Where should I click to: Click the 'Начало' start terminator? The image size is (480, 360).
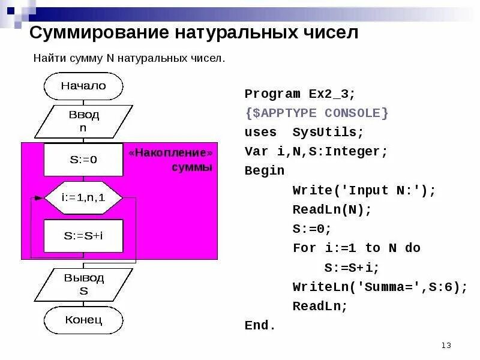click(83, 86)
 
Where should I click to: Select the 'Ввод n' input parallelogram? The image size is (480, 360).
click(83, 121)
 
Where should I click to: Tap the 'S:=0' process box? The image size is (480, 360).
click(83, 160)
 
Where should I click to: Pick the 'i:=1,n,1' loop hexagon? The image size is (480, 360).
click(83, 197)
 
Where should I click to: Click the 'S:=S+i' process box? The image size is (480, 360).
click(83, 236)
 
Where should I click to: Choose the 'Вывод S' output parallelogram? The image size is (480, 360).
click(83, 284)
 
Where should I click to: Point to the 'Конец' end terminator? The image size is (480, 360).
click(83, 319)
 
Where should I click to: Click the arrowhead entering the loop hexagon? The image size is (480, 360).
click(40, 197)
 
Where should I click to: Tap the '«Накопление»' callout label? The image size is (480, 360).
click(170, 153)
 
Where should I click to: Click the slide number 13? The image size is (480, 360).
click(446, 345)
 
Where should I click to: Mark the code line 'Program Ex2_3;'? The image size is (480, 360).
click(300, 94)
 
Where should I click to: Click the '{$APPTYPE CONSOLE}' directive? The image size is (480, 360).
click(316, 113)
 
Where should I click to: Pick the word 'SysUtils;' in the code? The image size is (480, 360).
click(328, 132)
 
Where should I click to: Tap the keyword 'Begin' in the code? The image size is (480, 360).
click(265, 170)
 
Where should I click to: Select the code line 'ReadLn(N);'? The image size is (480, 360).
click(332, 209)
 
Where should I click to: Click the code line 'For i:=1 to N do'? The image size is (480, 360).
click(356, 248)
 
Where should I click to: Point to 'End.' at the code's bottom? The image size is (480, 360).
click(260, 325)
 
